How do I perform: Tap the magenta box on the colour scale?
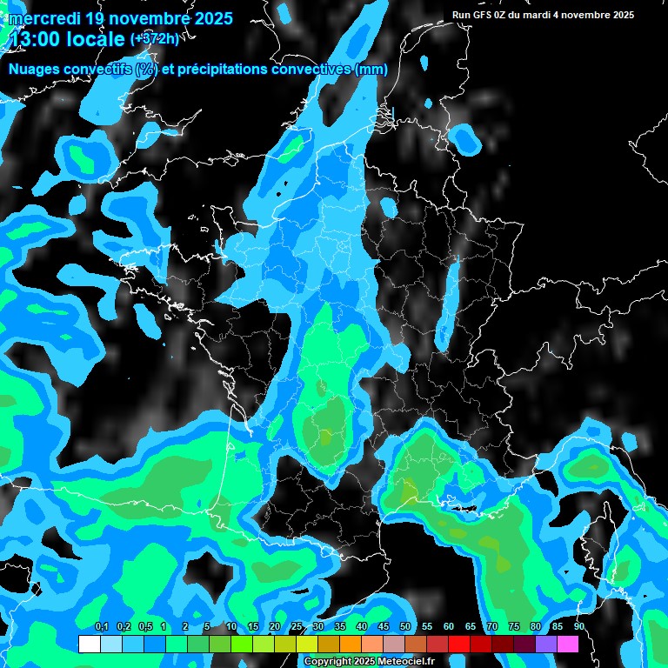point(568,644)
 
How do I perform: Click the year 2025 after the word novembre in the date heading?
point(209,18)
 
